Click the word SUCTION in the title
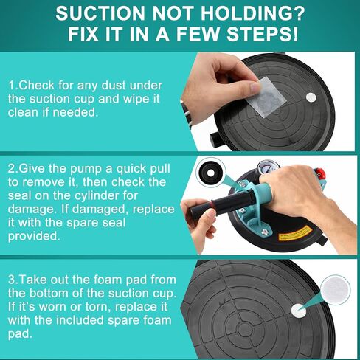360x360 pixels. [x=100, y=13]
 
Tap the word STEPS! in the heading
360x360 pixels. [x=262, y=34]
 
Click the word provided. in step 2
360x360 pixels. [x=34, y=237]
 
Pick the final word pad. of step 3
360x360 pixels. [x=20, y=334]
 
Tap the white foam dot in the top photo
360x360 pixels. [x=311, y=97]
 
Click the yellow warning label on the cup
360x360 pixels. [x=295, y=233]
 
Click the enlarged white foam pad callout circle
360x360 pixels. [x=335, y=290]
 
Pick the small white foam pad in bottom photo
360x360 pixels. [x=299, y=311]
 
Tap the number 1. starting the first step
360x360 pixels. [x=13, y=86]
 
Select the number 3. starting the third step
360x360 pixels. [x=13, y=280]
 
